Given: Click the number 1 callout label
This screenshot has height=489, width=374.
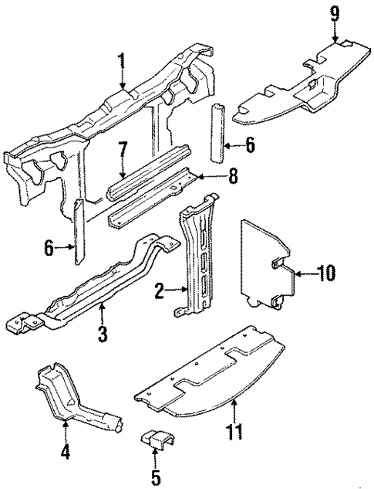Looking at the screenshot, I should coord(121,59).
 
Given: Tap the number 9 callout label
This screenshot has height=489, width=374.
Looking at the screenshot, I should coord(335,13).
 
